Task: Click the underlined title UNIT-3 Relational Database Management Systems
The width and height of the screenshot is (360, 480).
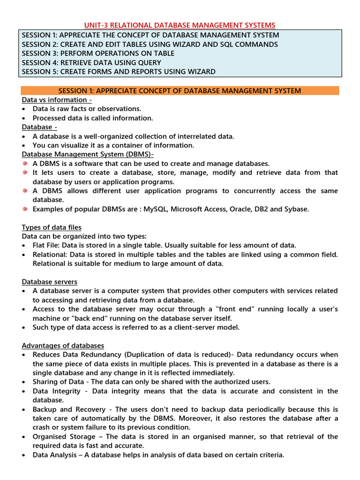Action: click(x=180, y=25)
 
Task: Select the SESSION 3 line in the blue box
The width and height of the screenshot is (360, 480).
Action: click(x=98, y=53)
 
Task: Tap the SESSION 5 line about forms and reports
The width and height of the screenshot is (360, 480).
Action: click(x=119, y=72)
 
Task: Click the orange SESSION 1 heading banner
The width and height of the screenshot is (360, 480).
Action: click(x=180, y=90)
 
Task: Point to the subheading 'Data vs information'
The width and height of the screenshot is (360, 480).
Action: click(x=57, y=100)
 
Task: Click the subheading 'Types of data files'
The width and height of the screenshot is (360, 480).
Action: click(x=52, y=227)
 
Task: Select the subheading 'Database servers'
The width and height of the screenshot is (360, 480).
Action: click(x=50, y=282)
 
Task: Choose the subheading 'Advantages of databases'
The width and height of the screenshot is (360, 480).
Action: click(x=63, y=345)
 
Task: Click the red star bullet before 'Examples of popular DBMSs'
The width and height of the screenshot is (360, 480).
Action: click(x=25, y=209)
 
